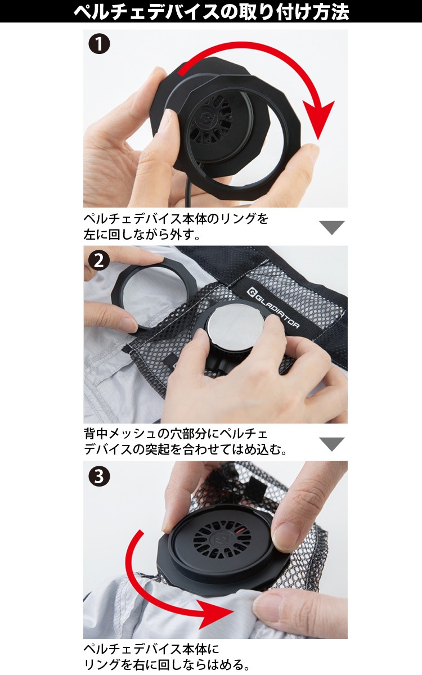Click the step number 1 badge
99,44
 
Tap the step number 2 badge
99,260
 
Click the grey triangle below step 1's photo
331,227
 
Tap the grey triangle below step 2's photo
331,444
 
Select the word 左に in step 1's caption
96,235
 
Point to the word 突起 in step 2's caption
158,450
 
